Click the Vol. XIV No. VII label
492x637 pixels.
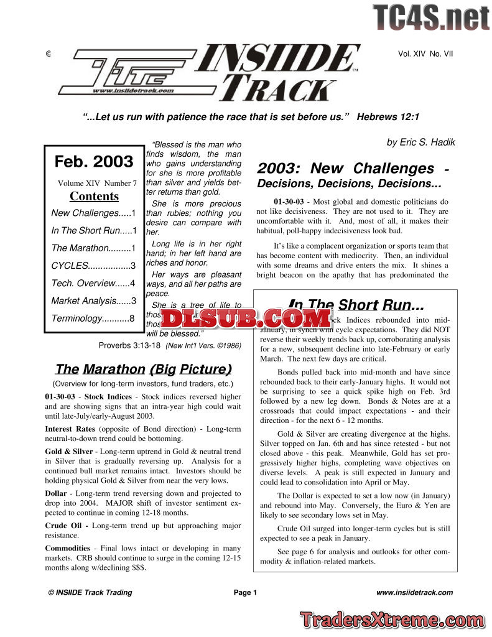click(425, 54)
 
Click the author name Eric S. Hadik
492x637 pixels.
click(420, 142)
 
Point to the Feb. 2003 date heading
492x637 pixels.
click(94, 162)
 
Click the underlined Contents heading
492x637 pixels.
click(94, 197)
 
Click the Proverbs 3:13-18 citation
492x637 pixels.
click(129, 345)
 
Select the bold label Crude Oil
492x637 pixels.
click(66, 526)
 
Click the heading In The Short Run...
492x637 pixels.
click(356, 305)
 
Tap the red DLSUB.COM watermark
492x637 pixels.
click(247, 318)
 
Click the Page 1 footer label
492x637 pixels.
click(245, 593)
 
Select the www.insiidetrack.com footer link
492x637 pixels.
click(414, 593)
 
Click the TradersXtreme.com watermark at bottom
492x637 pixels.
click(391, 620)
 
